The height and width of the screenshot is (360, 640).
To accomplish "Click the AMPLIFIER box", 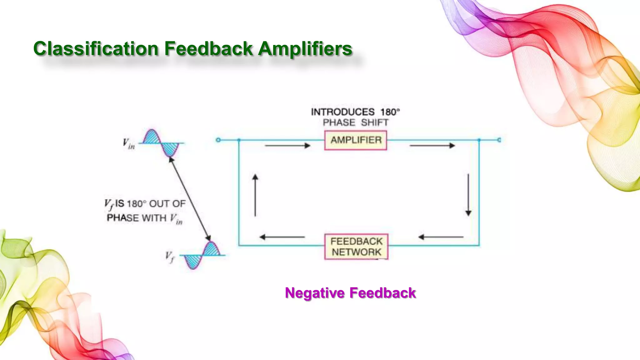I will [x=356, y=140].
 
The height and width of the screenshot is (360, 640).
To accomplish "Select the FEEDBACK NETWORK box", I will [x=356, y=247].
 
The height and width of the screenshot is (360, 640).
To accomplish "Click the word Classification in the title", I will [x=96, y=49].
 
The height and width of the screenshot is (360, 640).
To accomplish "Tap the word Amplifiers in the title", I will [x=305, y=49].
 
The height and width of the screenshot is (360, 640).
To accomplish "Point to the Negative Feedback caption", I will [x=350, y=293].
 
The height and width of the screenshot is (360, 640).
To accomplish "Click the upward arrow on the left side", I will [x=255, y=195].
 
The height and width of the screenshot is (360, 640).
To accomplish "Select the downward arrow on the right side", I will [x=468, y=195].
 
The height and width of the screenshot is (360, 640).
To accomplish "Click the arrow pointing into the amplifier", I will [x=287, y=146].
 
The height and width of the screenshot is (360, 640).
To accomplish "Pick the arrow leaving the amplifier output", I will [x=432, y=146].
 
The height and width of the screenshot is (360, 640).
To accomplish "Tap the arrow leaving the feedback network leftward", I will [x=282, y=237].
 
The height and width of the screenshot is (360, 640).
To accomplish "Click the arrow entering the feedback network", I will [x=441, y=237].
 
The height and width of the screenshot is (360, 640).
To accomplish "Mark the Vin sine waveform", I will [x=161, y=143].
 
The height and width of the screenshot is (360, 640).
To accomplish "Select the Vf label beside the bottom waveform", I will [x=169, y=257].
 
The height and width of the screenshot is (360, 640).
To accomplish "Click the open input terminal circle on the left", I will [x=218, y=140].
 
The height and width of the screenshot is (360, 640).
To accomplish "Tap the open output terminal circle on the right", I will [x=499, y=140].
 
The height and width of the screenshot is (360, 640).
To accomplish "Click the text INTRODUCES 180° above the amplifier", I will [x=355, y=112].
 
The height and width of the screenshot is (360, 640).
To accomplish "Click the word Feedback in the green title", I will [x=208, y=49].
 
